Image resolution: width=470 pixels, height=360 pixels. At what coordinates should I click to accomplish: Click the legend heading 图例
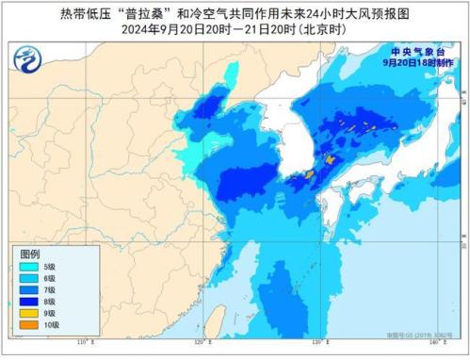[x=30, y=255]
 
